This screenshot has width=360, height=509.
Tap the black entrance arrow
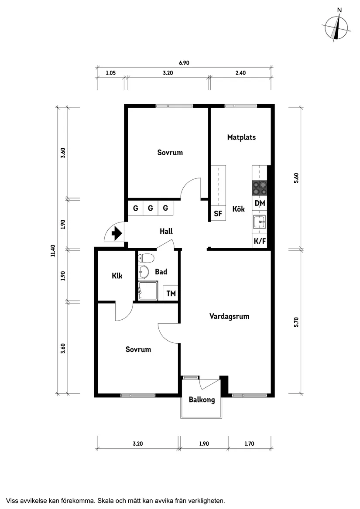tap(117, 234)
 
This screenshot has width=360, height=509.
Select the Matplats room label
tap(241, 137)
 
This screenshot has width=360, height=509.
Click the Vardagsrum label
tap(229, 316)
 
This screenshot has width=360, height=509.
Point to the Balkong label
tap(202, 400)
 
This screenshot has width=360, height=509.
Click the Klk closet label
tap(117, 276)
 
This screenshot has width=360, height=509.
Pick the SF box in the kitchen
tap(218, 214)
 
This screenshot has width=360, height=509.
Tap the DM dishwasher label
tap(260, 203)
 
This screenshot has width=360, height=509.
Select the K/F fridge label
tap(260, 240)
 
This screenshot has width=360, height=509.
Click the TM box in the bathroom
tap(171, 294)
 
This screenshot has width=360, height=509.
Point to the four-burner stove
tap(260, 188)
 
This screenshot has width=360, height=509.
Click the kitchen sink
tap(260, 222)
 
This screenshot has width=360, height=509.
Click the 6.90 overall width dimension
tap(184, 63)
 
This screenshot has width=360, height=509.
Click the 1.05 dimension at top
tap(111, 73)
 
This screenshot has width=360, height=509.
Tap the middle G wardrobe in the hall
tap(151, 208)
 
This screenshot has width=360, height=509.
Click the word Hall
tap(166, 231)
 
